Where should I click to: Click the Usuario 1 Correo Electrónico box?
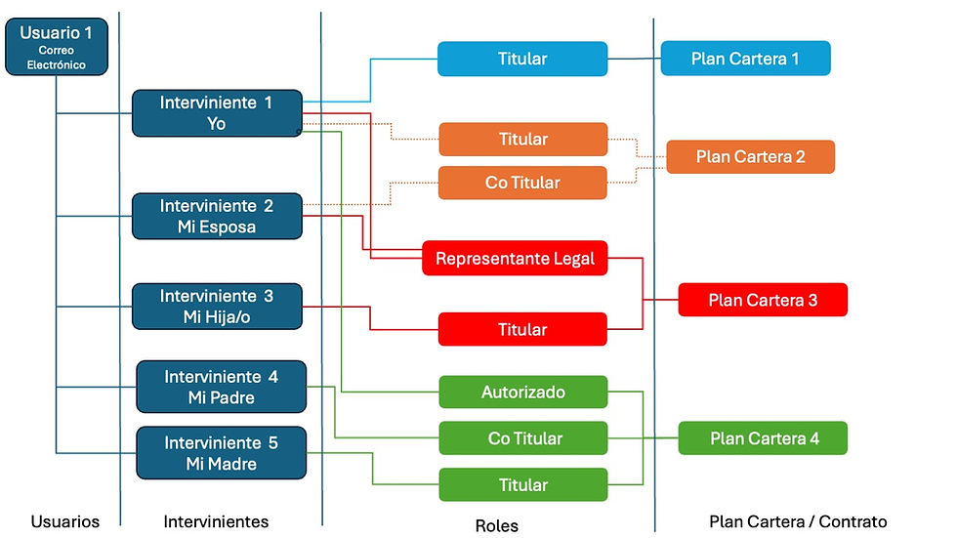[x=56, y=46]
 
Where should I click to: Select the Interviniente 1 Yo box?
[x=217, y=113]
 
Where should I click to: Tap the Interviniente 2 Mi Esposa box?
[x=217, y=216]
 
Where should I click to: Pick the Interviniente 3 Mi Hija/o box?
[x=217, y=307]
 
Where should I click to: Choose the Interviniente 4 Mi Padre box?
[x=221, y=387]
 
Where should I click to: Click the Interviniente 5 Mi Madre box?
[x=221, y=452]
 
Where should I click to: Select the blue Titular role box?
[x=522, y=59]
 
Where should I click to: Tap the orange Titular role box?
[x=522, y=140]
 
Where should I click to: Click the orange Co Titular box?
[x=522, y=183]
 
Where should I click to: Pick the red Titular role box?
[x=522, y=329]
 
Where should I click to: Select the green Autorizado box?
[x=522, y=393]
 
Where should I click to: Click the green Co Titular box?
[x=522, y=438]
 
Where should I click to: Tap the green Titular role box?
[x=522, y=485]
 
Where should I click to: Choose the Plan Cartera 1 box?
[x=745, y=59]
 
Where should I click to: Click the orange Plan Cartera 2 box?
[x=750, y=156]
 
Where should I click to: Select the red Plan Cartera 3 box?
[x=763, y=300]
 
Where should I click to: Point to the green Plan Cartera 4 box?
[x=763, y=438]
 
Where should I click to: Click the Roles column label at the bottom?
[x=496, y=525]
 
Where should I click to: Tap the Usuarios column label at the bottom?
[x=65, y=521]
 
